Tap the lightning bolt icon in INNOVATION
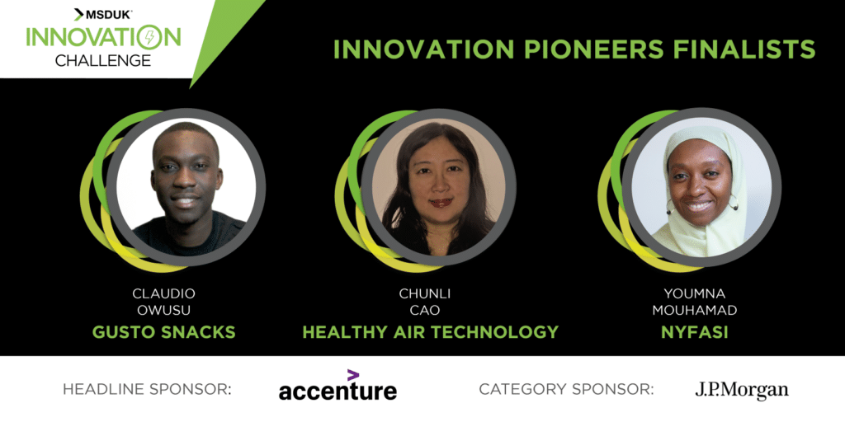pos(148,38)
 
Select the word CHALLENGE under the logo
pos(103,59)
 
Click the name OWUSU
pos(164,311)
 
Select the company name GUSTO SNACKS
pos(164,331)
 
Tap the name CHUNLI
pos(424,294)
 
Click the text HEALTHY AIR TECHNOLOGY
pos(430,331)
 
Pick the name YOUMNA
pos(694,294)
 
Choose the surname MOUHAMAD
pos(694,311)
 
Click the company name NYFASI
pos(694,331)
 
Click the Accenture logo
pos(338,386)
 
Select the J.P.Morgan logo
pos(742,390)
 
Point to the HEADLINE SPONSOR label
pos(147,389)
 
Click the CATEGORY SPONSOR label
pos(566,389)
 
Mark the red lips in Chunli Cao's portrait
pos(441,203)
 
